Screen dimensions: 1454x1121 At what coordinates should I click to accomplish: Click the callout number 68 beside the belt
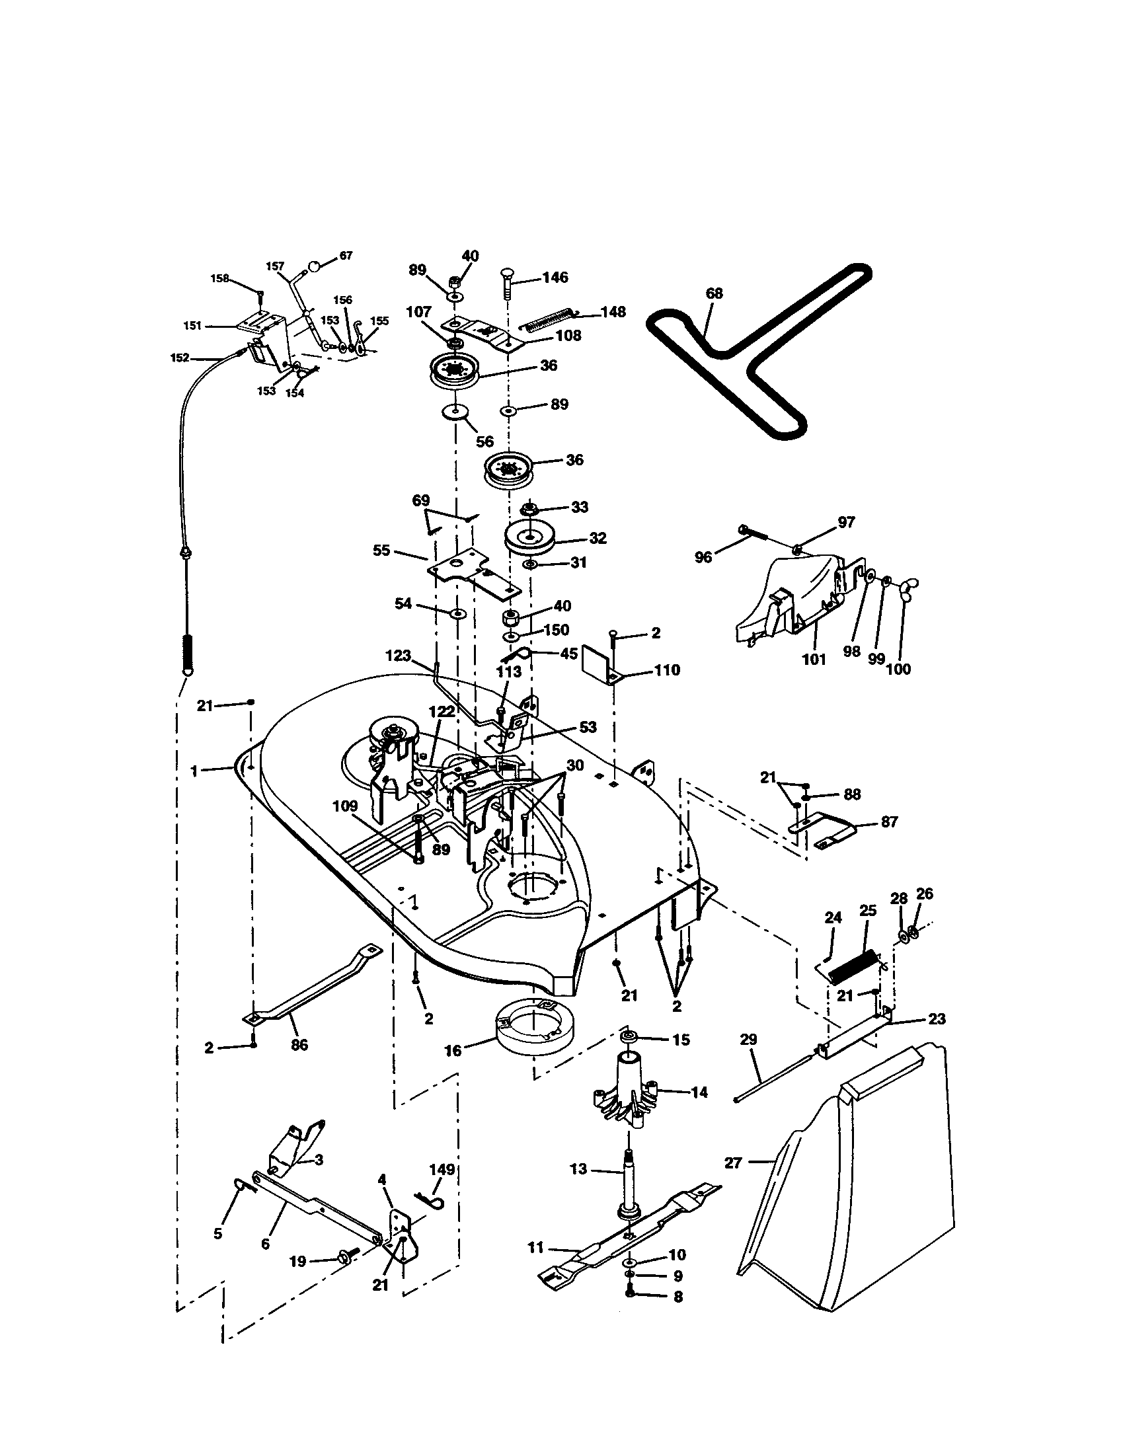[715, 293]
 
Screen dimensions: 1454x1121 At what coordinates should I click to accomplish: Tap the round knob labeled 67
[315, 266]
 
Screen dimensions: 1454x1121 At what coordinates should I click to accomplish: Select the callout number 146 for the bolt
[555, 277]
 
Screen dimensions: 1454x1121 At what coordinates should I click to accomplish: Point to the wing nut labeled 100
[906, 586]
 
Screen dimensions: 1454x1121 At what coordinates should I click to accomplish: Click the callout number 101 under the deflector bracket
[813, 659]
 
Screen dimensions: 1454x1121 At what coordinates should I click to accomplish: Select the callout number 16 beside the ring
[453, 1052]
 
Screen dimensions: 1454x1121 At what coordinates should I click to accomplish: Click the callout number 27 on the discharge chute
[733, 1163]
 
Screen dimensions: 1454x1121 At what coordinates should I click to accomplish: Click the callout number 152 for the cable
[180, 358]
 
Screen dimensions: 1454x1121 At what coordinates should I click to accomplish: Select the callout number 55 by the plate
[381, 551]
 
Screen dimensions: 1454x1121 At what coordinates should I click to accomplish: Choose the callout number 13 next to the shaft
[578, 1168]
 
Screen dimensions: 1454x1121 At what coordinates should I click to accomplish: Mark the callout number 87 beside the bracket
[890, 822]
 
